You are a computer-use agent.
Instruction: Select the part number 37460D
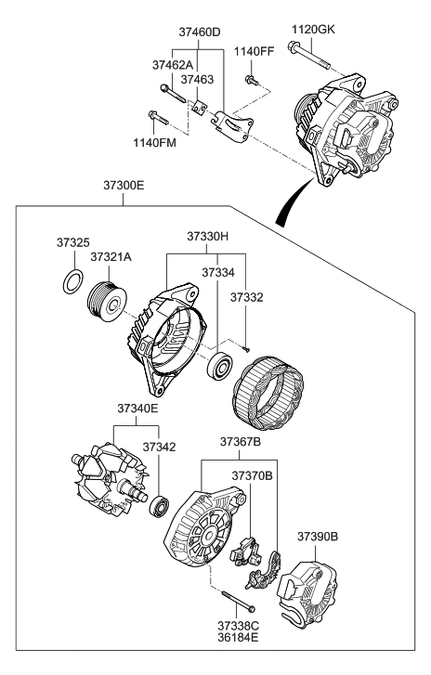point(200,32)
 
